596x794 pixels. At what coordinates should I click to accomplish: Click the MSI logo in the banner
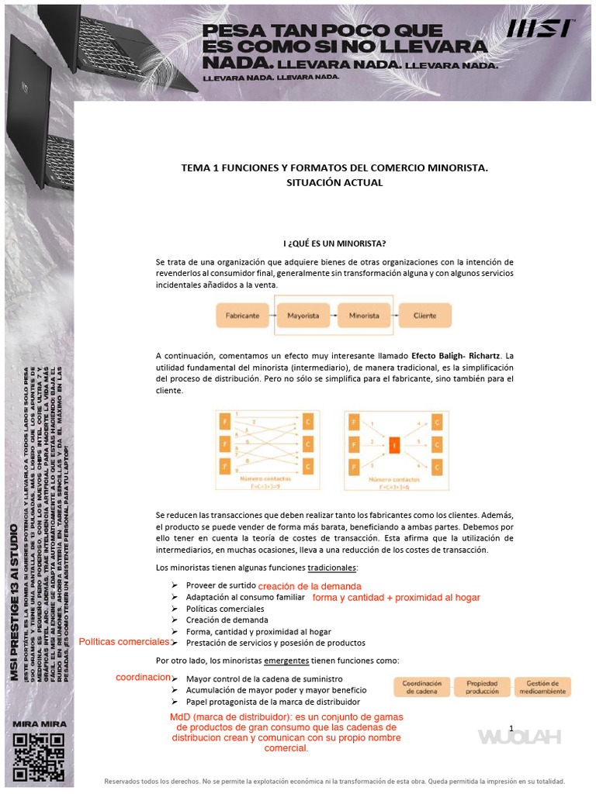click(541, 29)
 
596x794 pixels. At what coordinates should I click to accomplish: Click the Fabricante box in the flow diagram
click(242, 316)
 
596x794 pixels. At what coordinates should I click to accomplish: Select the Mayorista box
click(303, 316)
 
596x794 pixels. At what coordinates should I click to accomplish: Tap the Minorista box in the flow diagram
click(364, 316)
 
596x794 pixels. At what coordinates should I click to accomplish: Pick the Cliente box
click(424, 316)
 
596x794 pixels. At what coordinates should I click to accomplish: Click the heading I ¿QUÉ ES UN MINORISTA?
click(334, 243)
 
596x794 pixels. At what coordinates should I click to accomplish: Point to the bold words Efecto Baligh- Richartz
click(456, 355)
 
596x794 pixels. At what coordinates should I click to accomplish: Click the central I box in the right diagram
click(394, 445)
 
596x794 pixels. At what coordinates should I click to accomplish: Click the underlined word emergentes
click(286, 661)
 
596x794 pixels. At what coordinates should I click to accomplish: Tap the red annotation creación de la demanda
click(310, 585)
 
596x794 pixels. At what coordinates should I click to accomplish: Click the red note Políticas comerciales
click(124, 642)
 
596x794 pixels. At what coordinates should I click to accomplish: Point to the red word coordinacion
click(143, 677)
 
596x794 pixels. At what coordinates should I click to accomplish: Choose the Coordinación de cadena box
click(422, 687)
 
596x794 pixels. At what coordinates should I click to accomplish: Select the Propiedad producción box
click(482, 687)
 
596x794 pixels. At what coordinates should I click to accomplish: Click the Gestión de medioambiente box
click(542, 687)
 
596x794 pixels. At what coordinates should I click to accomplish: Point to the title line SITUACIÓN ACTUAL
click(334, 182)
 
